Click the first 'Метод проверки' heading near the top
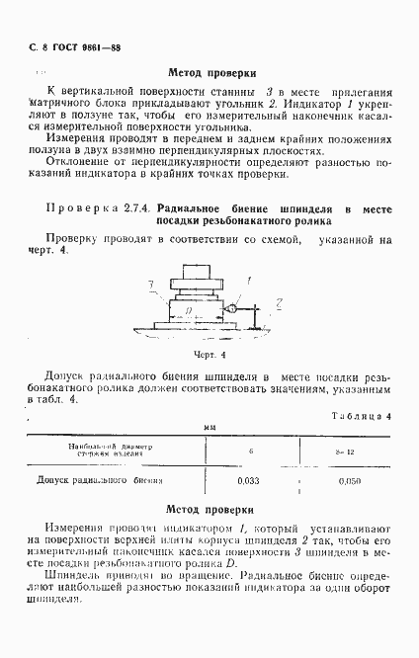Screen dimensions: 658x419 213,73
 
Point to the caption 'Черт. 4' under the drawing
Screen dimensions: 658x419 210,355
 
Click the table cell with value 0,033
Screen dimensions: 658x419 249,481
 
